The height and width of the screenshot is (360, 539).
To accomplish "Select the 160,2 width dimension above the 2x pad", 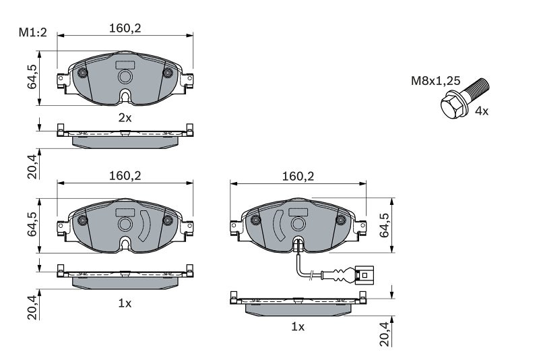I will (x=125, y=28).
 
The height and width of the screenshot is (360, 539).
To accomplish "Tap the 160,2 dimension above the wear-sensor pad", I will (x=298, y=176).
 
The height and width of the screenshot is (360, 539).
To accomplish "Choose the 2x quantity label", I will (x=125, y=117).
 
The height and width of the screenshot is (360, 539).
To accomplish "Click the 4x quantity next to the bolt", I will (x=481, y=111).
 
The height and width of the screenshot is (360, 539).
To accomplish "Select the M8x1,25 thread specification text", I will (x=436, y=81).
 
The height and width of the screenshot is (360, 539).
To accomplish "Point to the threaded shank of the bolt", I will (x=478, y=88).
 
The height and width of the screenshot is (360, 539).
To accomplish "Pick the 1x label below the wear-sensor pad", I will (x=298, y=327).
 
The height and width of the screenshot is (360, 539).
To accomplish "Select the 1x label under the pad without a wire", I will (x=125, y=303).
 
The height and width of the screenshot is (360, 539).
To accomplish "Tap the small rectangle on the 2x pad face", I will (x=125, y=65).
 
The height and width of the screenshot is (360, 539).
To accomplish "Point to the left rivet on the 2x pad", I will (x=83, y=73).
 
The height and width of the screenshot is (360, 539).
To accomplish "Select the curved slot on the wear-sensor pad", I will (x=278, y=226).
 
